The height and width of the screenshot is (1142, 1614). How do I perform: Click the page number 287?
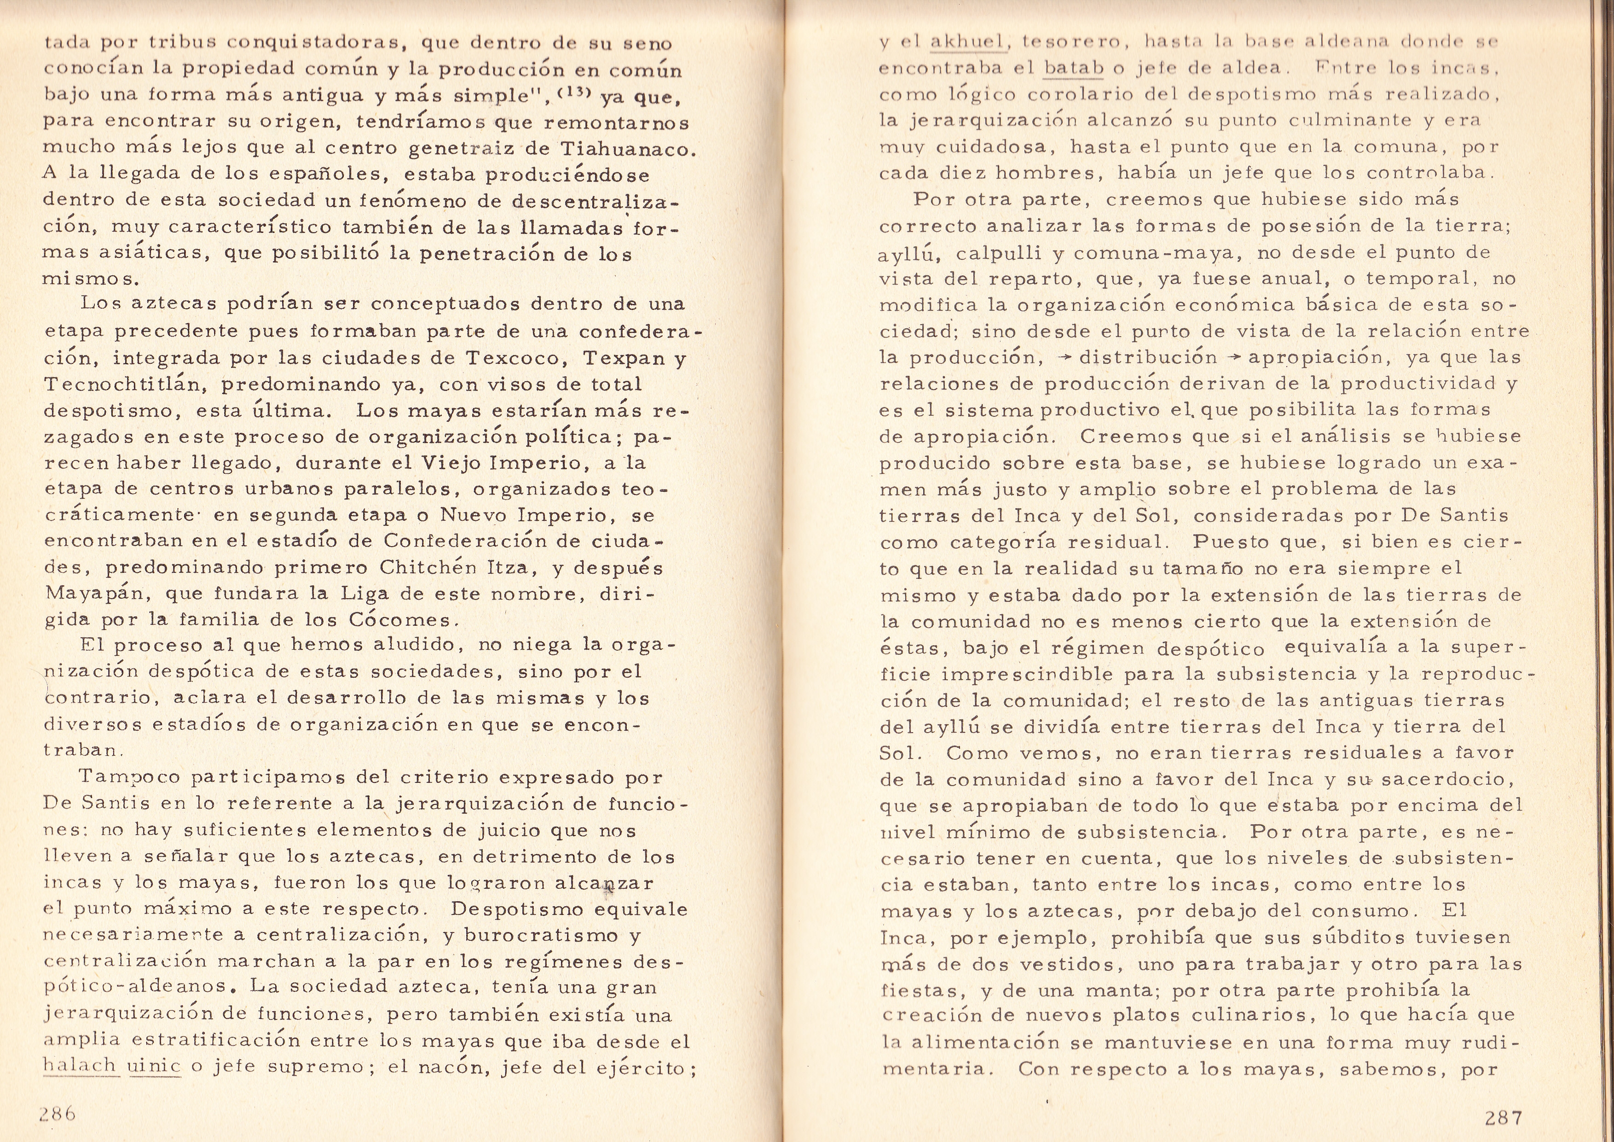1504,1117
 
